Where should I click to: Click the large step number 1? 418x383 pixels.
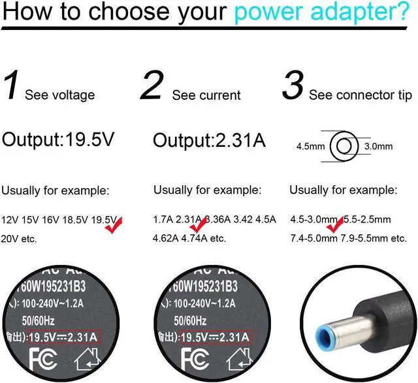12,87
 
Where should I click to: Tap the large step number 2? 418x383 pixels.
151,87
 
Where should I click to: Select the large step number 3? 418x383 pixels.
293,87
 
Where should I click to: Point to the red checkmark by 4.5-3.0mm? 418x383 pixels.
335,225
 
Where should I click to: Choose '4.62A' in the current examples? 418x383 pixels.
166,238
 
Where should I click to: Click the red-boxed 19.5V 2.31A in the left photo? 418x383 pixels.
66,337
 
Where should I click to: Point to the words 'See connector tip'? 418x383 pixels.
361,95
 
